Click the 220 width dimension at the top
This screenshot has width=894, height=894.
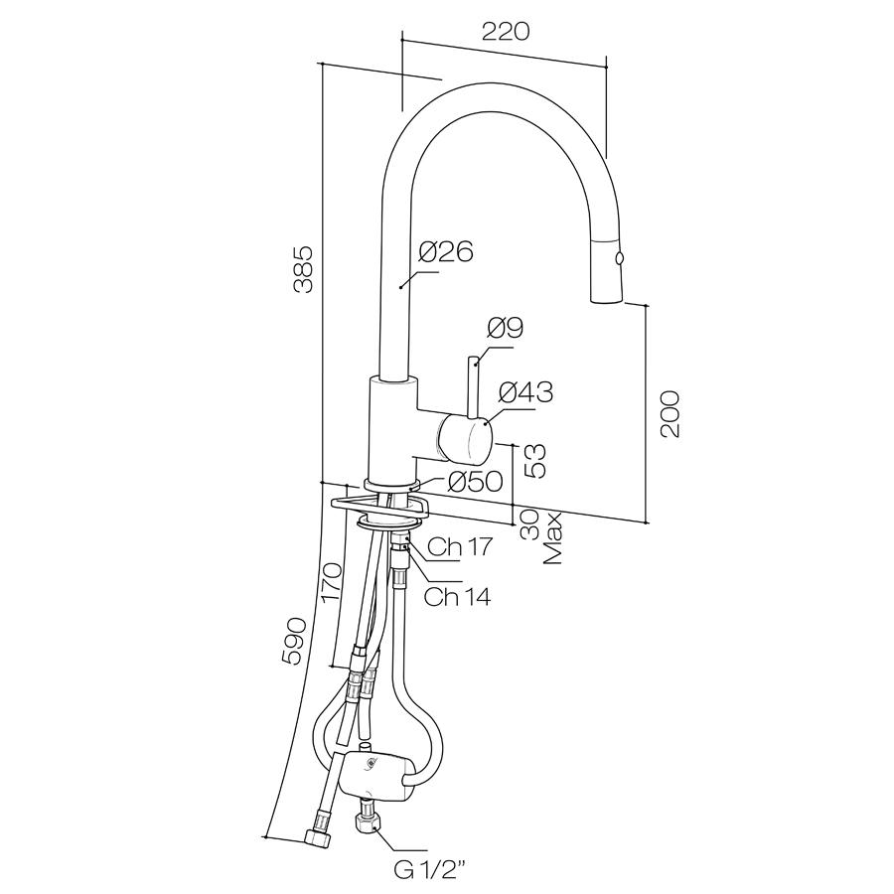[505, 30]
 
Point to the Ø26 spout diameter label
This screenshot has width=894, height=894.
[445, 252]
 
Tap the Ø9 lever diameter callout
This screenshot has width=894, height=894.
[506, 328]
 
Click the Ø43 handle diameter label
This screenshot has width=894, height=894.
[525, 392]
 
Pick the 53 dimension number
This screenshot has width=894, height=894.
[534, 458]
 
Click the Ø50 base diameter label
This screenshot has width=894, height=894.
[476, 482]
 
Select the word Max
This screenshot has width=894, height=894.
[553, 538]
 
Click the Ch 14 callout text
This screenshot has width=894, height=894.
[457, 596]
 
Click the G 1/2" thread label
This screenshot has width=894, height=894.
[429, 871]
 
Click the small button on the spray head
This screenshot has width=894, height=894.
[622, 258]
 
